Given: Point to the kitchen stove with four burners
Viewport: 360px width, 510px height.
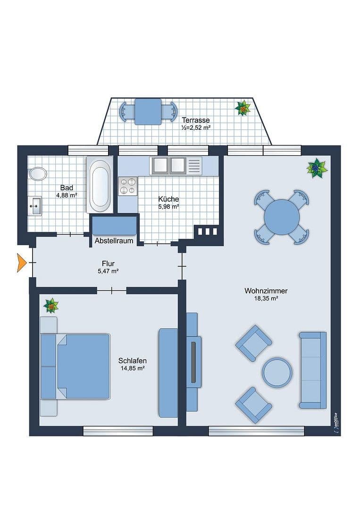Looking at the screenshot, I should coord(127,185).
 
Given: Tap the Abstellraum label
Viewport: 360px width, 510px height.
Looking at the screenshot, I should coord(113,241).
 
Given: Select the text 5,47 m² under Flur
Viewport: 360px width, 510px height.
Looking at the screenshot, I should coord(108,271).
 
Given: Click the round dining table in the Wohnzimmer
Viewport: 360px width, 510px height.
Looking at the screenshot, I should coord(282,217).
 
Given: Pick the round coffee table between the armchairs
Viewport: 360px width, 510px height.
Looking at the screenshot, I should coord(277,373).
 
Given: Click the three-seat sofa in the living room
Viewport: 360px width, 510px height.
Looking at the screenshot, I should coord(313,370).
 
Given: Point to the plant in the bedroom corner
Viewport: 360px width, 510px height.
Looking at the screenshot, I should coord(51,306).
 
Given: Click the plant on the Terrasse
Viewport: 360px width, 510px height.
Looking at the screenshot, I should coord(243,108).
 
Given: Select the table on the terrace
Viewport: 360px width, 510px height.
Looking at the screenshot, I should coord(148,111).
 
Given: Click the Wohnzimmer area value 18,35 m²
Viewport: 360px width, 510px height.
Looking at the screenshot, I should coord(266,298).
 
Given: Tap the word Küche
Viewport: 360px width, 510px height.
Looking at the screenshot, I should coord(168,199).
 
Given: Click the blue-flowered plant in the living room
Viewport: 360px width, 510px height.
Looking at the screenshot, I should coord(317,168).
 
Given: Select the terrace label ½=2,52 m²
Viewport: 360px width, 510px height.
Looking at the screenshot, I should coord(195,127).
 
